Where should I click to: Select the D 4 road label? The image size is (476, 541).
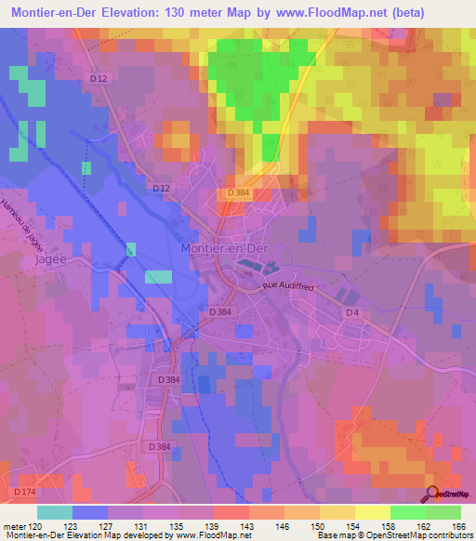(352, 312)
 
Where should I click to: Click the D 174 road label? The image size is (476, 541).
(24, 490)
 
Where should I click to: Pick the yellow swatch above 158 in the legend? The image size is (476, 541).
(373, 512)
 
